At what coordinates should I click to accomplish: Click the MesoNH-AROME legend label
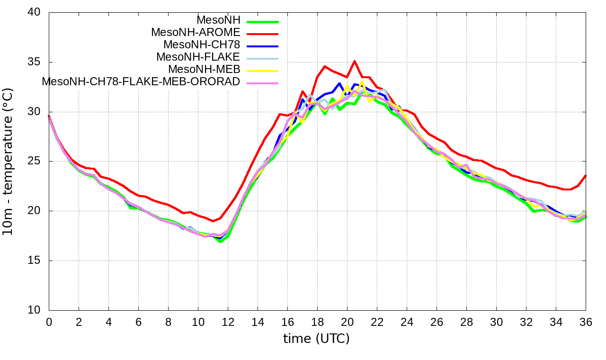[196, 33]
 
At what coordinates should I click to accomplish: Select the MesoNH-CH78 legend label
[202, 45]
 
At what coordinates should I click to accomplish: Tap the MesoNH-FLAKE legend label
[198, 57]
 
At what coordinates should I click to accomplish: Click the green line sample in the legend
[262, 21]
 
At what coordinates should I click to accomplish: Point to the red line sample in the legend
[262, 34]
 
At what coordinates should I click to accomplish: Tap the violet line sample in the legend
[262, 83]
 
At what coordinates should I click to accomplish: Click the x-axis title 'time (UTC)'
[316, 339]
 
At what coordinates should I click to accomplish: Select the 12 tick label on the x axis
[228, 322]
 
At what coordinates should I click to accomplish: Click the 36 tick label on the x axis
[586, 322]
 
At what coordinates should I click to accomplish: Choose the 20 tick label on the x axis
[347, 322]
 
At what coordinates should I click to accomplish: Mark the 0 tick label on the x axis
[49, 322]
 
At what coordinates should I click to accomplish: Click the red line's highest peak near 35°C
[355, 61]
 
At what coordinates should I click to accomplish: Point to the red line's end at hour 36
[586, 176]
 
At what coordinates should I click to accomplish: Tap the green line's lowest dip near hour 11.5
[220, 241]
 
